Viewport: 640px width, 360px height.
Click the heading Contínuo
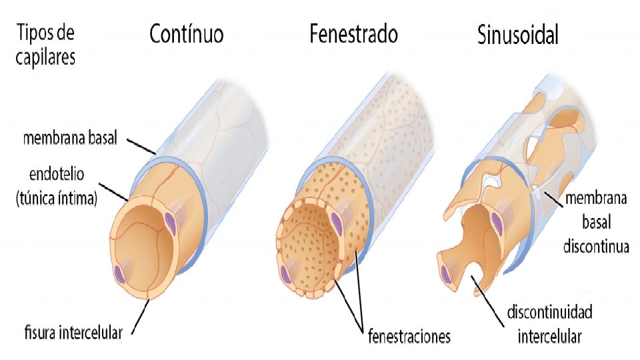tap(186, 34)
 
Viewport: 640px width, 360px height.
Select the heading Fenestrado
tap(353, 34)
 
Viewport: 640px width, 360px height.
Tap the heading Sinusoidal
tap(518, 35)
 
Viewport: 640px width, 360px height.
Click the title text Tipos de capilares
tap(46, 44)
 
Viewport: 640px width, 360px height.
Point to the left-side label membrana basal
tap(70, 139)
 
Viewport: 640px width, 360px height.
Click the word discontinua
tap(596, 247)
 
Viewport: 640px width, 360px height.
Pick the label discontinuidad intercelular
tap(550, 324)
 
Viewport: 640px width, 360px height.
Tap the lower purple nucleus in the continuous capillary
tap(119, 273)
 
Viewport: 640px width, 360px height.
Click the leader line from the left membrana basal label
tap(142, 146)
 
